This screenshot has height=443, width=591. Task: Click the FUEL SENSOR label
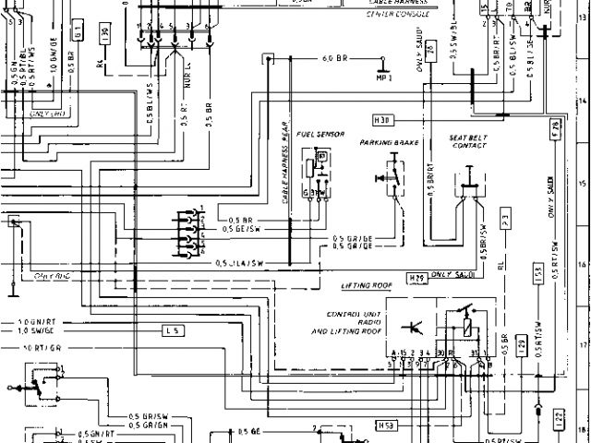[319, 135]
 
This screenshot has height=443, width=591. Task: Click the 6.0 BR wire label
[333, 59]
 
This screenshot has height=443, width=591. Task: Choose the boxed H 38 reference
[383, 120]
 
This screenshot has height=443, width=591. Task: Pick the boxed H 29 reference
[416, 275]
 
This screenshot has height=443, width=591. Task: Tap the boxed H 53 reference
[387, 425]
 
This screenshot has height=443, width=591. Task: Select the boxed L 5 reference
[174, 329]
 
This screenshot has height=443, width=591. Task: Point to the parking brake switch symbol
[392, 175]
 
